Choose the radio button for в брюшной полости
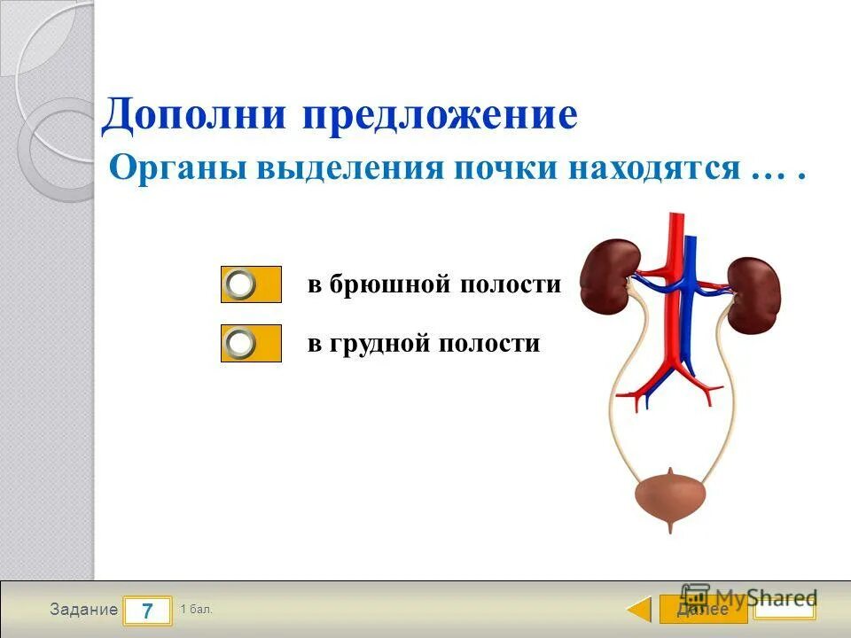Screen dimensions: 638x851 (x=241, y=284)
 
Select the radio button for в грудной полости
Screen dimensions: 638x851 (x=241, y=343)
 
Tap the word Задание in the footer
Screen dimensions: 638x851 (x=83, y=610)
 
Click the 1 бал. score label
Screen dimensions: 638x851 (x=196, y=609)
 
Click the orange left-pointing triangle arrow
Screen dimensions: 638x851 (x=639, y=610)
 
